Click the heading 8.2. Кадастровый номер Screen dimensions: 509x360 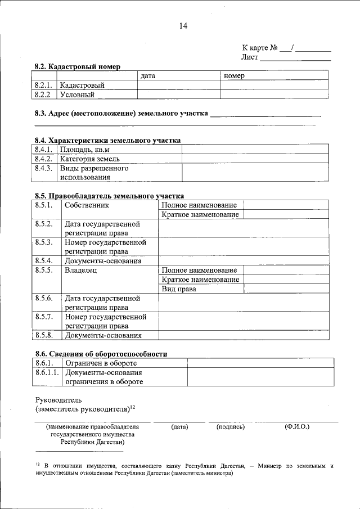(77, 66)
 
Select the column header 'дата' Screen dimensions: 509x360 (148, 75)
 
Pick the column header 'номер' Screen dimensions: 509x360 (233, 75)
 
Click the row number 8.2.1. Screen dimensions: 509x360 (44, 85)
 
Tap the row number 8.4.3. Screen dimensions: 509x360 (44, 168)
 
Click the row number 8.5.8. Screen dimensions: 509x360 (44, 335)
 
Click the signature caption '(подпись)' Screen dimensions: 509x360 (230, 427)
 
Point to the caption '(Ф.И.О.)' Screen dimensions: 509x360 (297, 427)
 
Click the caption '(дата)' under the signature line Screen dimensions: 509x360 (179, 427)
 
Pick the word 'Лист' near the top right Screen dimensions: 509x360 (250, 57)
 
